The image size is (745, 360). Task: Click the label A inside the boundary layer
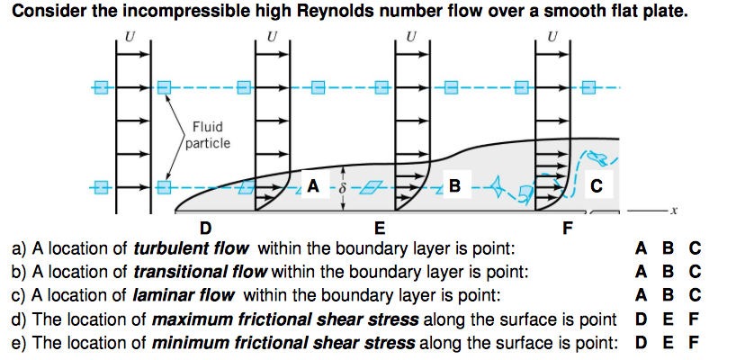point(312,186)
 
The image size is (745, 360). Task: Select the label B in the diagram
point(454,186)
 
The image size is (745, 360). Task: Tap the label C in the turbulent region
point(597,186)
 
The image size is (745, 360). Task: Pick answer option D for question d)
point(641,319)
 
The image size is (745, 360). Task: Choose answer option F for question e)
point(694,343)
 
